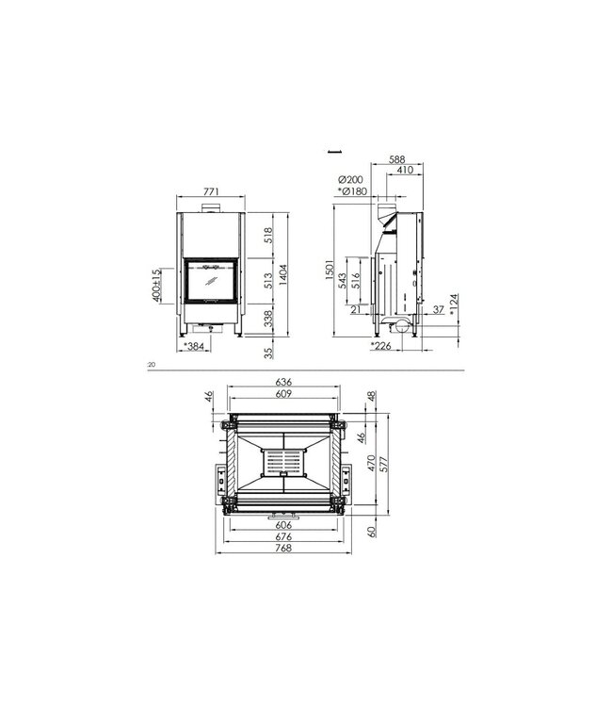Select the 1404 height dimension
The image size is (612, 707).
[x=283, y=274]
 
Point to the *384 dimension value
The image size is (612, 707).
[x=195, y=347]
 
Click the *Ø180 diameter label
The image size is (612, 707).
[x=351, y=191]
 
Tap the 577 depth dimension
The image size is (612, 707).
[x=383, y=466]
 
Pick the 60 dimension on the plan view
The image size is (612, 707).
[x=372, y=532]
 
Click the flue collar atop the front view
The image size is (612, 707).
[x=212, y=206]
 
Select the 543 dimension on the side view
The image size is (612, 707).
[x=344, y=280]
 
